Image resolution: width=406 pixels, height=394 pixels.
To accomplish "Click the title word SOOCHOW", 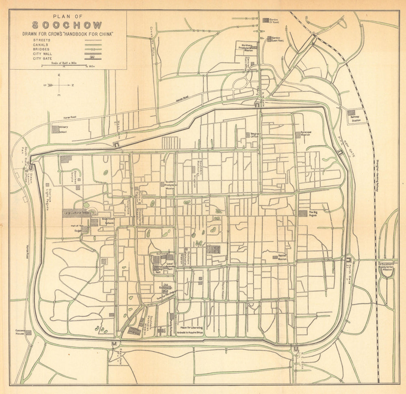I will tap(68, 26).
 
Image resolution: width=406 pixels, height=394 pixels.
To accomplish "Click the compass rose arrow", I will tap(59, 85).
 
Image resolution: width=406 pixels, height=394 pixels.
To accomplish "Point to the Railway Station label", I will tap(356, 118).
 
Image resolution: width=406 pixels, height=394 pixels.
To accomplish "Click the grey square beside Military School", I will tap(56, 129).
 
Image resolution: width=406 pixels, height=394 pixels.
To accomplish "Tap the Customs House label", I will tap(20, 332).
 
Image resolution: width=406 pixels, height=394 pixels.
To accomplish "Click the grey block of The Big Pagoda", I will tap(303, 213).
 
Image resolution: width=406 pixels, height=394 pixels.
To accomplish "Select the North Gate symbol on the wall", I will tap(348, 259).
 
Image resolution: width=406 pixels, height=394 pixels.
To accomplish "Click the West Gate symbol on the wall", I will tap(117, 144).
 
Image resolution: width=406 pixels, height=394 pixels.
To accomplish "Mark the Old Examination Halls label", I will tap(166, 287).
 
